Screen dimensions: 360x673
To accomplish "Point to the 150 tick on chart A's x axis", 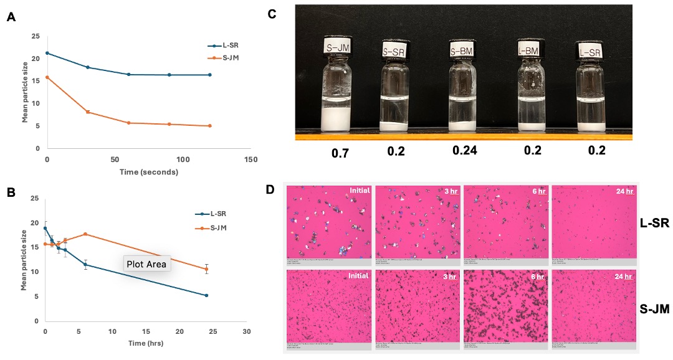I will tap(251, 160).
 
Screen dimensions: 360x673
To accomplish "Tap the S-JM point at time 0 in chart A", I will tap(47, 77).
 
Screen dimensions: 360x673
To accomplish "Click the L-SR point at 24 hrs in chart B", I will tap(206, 295).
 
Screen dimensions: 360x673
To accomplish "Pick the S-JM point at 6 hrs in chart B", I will tap(85, 234).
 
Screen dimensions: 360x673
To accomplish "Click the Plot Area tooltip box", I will tap(147, 264).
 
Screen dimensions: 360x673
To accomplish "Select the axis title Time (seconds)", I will tap(149, 172).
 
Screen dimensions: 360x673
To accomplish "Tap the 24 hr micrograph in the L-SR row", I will tap(594, 221).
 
